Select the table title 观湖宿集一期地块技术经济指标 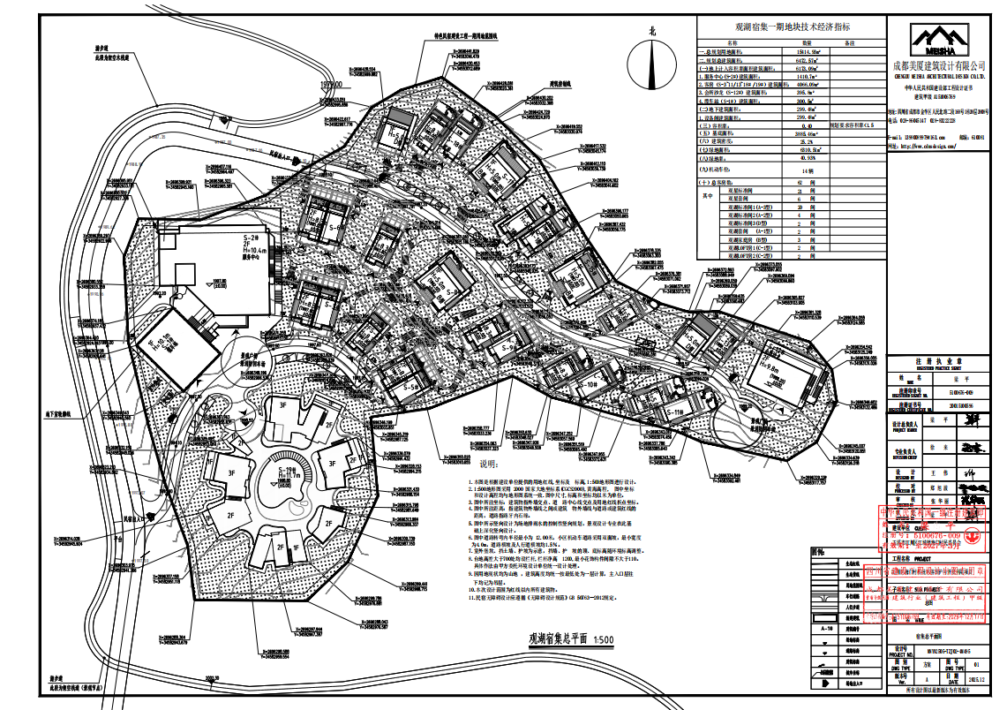tap(788, 27)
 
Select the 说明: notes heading tap(489, 465)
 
